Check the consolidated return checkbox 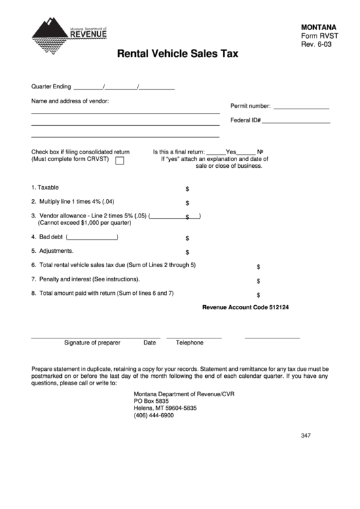click(x=120, y=161)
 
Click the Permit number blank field click(x=300, y=107)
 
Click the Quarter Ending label click(x=51, y=86)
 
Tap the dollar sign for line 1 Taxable click(x=187, y=189)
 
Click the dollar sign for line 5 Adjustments click(x=187, y=252)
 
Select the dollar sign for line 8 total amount click(x=258, y=295)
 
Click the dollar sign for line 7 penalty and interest click(x=258, y=281)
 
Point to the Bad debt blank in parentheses click(x=92, y=237)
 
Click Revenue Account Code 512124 click(x=246, y=308)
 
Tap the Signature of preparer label click(x=92, y=343)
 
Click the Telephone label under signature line click(x=190, y=343)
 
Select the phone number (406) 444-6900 click(x=154, y=415)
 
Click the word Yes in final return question click(x=230, y=152)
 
